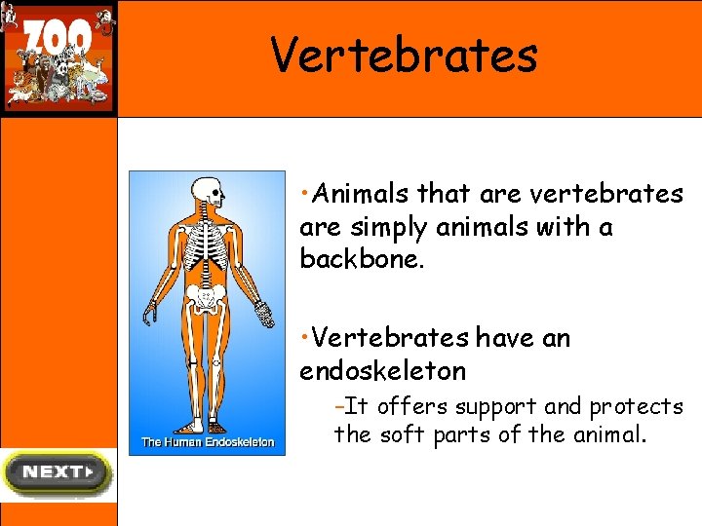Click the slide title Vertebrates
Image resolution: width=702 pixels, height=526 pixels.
(x=404, y=55)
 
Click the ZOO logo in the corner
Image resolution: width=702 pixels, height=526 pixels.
(x=58, y=57)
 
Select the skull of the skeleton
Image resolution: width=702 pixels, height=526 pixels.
(x=206, y=191)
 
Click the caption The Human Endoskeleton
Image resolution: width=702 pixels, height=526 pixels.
(x=208, y=442)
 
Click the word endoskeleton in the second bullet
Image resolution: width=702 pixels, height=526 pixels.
(x=382, y=371)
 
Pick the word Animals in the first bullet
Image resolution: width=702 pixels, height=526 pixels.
(x=361, y=194)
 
